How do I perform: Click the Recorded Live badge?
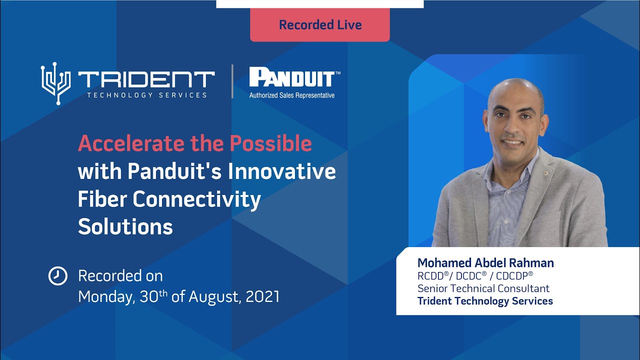point(320,25)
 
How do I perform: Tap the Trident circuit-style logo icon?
point(56,83)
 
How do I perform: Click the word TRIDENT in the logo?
point(146,80)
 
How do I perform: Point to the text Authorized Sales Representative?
point(292,95)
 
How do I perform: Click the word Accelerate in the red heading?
point(131,144)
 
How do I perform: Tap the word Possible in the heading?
point(270,144)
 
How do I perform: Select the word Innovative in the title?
point(282,171)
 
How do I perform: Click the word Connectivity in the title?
point(196,199)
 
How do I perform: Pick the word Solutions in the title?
point(125,227)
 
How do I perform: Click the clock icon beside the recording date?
point(57,276)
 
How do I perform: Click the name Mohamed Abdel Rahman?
point(485,263)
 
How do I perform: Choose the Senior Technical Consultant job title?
point(483,288)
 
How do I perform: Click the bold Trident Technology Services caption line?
point(485,301)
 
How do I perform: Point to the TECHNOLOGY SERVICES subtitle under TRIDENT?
point(146,95)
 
